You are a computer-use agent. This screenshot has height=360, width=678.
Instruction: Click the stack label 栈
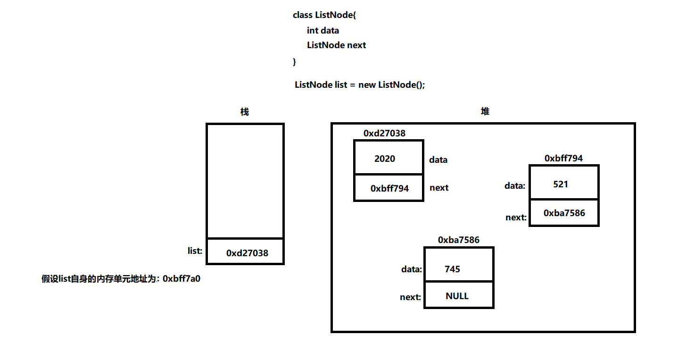pyautogui.click(x=244, y=112)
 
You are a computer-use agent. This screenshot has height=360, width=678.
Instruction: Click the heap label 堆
pyautogui.click(x=485, y=111)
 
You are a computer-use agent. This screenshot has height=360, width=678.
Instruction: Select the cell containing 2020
pyautogui.click(x=388, y=159)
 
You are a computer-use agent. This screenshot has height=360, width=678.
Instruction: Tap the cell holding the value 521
pyautogui.click(x=563, y=184)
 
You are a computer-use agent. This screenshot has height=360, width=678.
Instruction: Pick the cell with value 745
pyautogui.click(x=458, y=269)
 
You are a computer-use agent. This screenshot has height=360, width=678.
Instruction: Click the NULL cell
pyautogui.click(x=458, y=296)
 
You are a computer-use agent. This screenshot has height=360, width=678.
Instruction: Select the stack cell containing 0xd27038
pyautogui.click(x=246, y=253)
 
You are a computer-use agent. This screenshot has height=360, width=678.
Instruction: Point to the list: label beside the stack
pyautogui.click(x=195, y=251)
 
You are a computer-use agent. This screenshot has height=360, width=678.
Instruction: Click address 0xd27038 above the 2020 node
pyautogui.click(x=384, y=134)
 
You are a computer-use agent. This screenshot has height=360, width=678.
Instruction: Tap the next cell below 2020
pyautogui.click(x=388, y=188)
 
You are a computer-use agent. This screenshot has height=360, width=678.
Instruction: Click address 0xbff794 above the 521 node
pyautogui.click(x=563, y=159)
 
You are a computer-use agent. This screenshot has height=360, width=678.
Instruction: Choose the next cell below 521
pyautogui.click(x=563, y=213)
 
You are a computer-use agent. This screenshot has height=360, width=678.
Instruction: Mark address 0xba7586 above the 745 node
pyautogui.click(x=458, y=240)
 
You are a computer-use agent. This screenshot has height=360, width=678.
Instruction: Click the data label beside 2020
pyautogui.click(x=438, y=160)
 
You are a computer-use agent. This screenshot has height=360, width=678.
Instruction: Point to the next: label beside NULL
pyautogui.click(x=410, y=297)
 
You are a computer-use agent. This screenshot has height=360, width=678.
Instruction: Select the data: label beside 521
pyautogui.click(x=515, y=186)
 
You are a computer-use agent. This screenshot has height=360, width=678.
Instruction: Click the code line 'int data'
pyautogui.click(x=323, y=30)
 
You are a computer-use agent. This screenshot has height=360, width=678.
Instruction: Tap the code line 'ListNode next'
pyautogui.click(x=336, y=45)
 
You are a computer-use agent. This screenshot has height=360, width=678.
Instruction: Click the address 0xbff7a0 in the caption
pyautogui.click(x=182, y=279)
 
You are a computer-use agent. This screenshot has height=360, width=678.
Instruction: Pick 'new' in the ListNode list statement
pyautogui.click(x=367, y=85)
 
